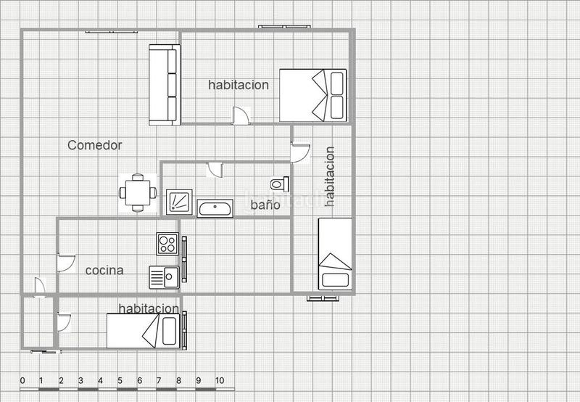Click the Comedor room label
[x=95, y=145]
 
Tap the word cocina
[x=104, y=271]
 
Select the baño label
[x=265, y=205]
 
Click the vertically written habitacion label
[x=330, y=176]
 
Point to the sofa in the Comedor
[x=164, y=85]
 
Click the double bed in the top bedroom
[x=313, y=95]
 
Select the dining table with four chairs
[x=138, y=193]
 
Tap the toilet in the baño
[x=279, y=182]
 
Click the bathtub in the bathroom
[x=215, y=209]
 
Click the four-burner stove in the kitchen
[x=167, y=242]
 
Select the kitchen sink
[x=165, y=277]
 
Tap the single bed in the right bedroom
[x=335, y=255]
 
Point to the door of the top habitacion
[x=240, y=115]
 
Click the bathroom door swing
[x=215, y=170]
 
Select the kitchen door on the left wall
[x=66, y=262]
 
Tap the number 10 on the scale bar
[x=220, y=380]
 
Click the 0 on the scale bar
[x=22, y=380]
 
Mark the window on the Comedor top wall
[x=109, y=31]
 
